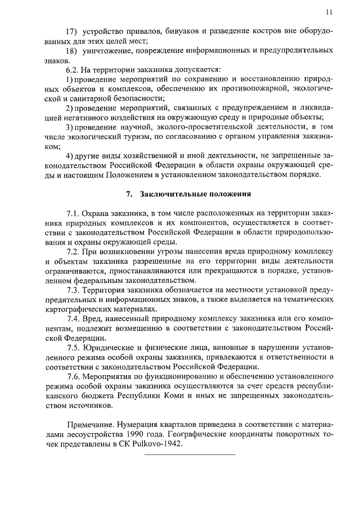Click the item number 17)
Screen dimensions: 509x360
(72, 30)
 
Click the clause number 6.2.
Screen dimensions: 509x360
(73, 70)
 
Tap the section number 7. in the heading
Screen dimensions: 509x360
(129, 194)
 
